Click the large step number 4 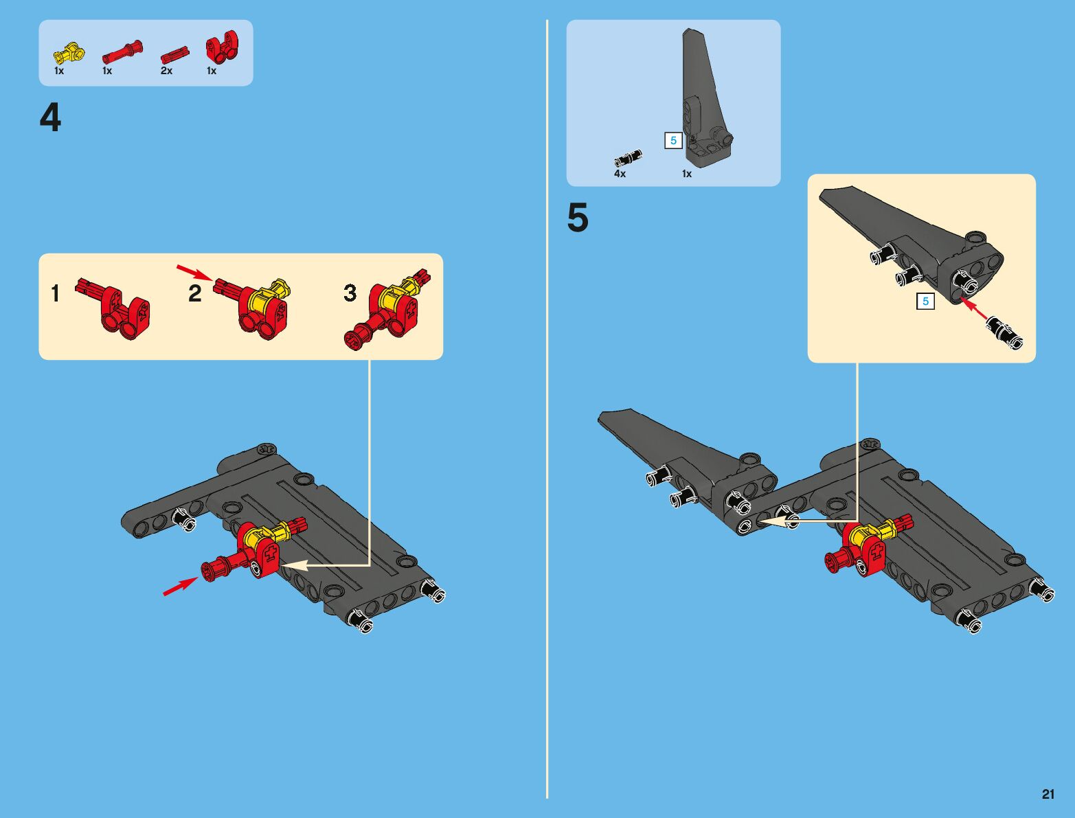coord(50,117)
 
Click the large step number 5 coord(578,218)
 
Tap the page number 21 coord(1048,794)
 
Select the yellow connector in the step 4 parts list coord(69,52)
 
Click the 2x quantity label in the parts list coord(166,71)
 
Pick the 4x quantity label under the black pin coord(620,174)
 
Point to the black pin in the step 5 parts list coord(627,158)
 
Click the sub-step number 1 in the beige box coord(55,294)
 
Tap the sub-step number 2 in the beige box coord(195,294)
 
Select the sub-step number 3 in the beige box coord(350,293)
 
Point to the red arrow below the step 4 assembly coord(180,586)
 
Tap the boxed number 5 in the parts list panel coord(673,141)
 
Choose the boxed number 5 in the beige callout coord(925,302)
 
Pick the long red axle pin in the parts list coord(123,52)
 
